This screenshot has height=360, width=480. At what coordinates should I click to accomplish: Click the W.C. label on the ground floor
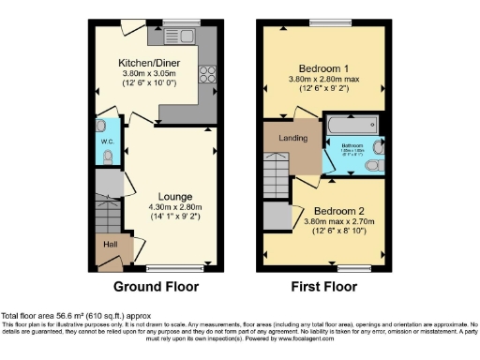coord(107,143)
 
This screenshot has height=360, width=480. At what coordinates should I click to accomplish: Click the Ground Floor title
coord(156,285)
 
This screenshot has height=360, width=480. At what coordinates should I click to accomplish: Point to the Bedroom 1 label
coord(323,69)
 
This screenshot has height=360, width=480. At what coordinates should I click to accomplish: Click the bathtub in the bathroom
coord(352,125)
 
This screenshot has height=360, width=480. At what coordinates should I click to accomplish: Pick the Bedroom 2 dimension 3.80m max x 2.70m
coord(339,222)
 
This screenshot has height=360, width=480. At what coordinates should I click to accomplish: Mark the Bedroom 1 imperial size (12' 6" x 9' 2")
coord(323,90)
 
